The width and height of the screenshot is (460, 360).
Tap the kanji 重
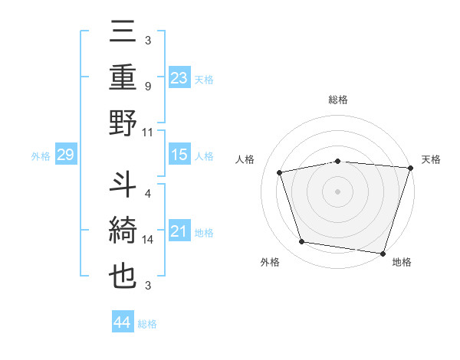pos(123,78)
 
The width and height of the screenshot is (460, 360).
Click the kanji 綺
pos(123,231)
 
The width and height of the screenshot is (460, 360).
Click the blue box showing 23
pos(179,77)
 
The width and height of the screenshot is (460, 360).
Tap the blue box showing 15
pos(179,155)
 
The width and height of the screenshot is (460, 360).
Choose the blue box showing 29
pos(65,155)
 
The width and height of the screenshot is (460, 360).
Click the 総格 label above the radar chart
pos(337,100)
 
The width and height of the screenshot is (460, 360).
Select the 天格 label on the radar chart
pos(431,159)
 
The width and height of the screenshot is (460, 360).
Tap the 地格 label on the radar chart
pos(402,263)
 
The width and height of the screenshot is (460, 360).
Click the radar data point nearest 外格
pos(302,242)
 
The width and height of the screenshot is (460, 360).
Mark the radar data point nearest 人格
pos(280,172)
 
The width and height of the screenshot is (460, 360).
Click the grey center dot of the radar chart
pos(337,191)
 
